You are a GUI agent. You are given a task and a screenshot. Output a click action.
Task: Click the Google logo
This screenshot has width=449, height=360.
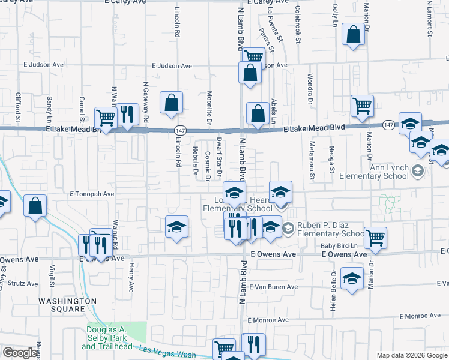(x=20, y=353)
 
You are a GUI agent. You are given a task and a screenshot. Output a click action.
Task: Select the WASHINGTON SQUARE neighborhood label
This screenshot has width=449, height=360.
(x=68, y=305)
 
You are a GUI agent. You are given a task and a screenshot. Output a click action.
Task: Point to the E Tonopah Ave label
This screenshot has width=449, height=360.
(x=92, y=194)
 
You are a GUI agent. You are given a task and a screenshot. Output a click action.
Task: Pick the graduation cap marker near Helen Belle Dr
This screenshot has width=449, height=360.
(x=352, y=278)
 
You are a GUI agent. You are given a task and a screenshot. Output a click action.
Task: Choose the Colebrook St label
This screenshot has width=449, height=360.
(x=297, y=25)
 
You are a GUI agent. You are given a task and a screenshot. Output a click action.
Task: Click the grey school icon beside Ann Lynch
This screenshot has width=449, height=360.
(x=417, y=172)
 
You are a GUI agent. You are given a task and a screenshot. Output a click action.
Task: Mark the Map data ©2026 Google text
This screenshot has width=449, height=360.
(x=411, y=355)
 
